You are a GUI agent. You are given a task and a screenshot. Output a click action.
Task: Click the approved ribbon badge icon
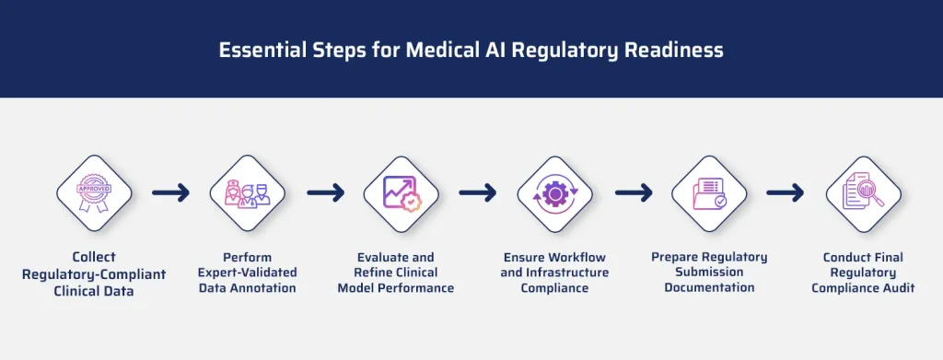(93, 193)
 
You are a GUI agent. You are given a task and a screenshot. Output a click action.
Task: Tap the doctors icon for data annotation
(247, 193)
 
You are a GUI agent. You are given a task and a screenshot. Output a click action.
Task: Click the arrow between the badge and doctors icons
(170, 193)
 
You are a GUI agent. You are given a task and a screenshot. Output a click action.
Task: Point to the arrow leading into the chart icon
(324, 193)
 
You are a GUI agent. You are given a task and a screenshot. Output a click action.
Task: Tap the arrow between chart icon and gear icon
(477, 193)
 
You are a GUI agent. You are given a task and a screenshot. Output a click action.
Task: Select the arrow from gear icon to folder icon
(633, 193)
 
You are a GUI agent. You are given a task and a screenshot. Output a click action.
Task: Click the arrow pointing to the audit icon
(785, 193)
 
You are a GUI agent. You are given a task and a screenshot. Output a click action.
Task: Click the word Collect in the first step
(94, 257)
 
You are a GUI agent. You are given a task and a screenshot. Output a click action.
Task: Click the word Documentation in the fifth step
(709, 288)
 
